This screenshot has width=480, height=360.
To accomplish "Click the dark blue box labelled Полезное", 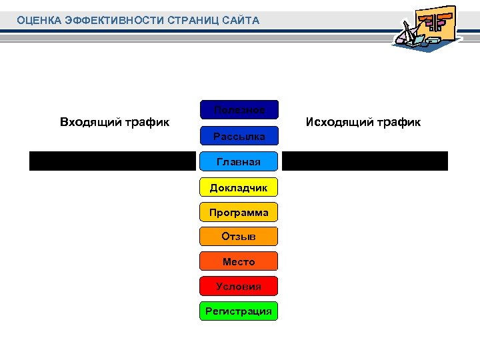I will click(239, 110).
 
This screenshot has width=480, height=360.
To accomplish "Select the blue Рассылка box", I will click(239, 137).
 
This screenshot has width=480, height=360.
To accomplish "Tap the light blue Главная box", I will click(239, 161).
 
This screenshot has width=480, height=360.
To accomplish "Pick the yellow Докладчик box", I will click(239, 188).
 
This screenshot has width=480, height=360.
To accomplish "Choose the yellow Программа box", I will click(239, 213).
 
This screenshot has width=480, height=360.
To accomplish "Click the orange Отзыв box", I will click(239, 237).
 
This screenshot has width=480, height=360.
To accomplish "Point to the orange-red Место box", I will click(239, 262).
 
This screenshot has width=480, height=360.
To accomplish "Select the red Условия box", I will click(239, 287).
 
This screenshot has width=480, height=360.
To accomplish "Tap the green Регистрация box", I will click(239, 311).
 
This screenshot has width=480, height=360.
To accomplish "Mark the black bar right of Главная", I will click(365, 161).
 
